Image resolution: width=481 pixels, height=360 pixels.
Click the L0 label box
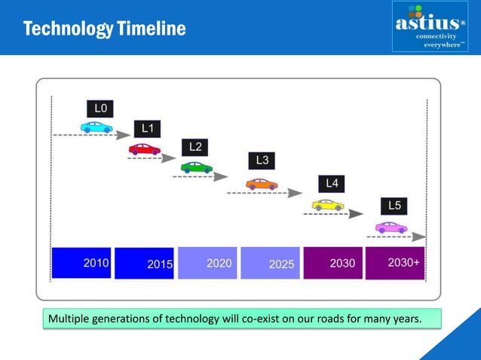tap(100, 108)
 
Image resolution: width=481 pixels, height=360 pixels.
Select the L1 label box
tap(148, 129)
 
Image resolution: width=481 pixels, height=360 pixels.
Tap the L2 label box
tap(195, 146)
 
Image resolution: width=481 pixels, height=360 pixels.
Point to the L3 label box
tap(262, 160)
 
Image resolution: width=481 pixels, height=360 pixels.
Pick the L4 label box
tap(332, 183)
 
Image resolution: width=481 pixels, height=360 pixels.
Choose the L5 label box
tap(394, 205)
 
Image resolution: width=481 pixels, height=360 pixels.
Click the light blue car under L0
tap(97, 128)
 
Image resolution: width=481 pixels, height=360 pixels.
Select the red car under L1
tap(144, 149)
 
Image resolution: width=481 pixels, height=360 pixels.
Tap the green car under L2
tap(196, 167)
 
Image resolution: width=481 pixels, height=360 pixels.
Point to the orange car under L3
tap(262, 184)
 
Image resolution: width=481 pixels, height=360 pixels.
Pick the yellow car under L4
tap(328, 205)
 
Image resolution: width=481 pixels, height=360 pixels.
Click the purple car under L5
tap(391, 227)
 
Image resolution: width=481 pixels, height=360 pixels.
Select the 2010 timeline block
tap(81, 263)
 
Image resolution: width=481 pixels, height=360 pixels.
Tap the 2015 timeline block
tap(144, 263)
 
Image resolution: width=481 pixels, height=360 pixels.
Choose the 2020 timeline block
tap(207, 263)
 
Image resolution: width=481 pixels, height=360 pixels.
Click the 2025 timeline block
tap(270, 263)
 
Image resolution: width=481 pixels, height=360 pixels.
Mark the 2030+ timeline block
tap(394, 263)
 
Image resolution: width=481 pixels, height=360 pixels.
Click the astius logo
tap(430, 27)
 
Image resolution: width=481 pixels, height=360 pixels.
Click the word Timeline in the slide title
tap(149, 29)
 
